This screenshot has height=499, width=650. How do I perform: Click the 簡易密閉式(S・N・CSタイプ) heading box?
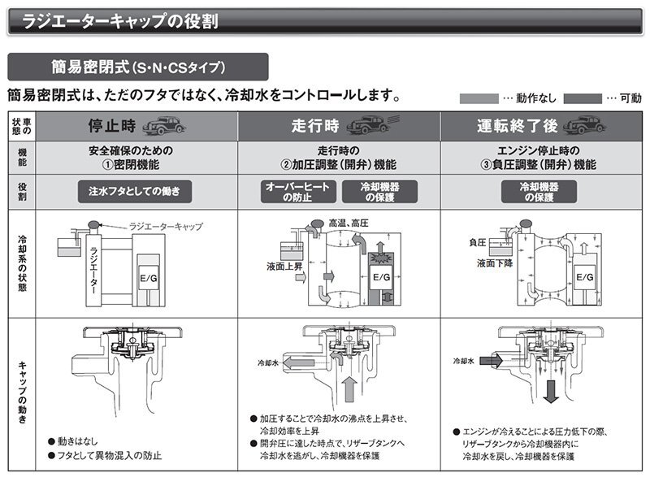pyautogui.click(x=137, y=67)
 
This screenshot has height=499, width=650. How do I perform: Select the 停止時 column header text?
pyautogui.click(x=111, y=126)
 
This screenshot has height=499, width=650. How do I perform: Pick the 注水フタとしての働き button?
pyautogui.click(x=135, y=192)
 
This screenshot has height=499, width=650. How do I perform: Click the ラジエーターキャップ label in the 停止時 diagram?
pyautogui.click(x=166, y=226)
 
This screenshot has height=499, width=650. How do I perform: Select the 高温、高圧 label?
pyautogui.click(x=346, y=220)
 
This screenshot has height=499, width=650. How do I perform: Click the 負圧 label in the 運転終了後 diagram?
pyautogui.click(x=477, y=242)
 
